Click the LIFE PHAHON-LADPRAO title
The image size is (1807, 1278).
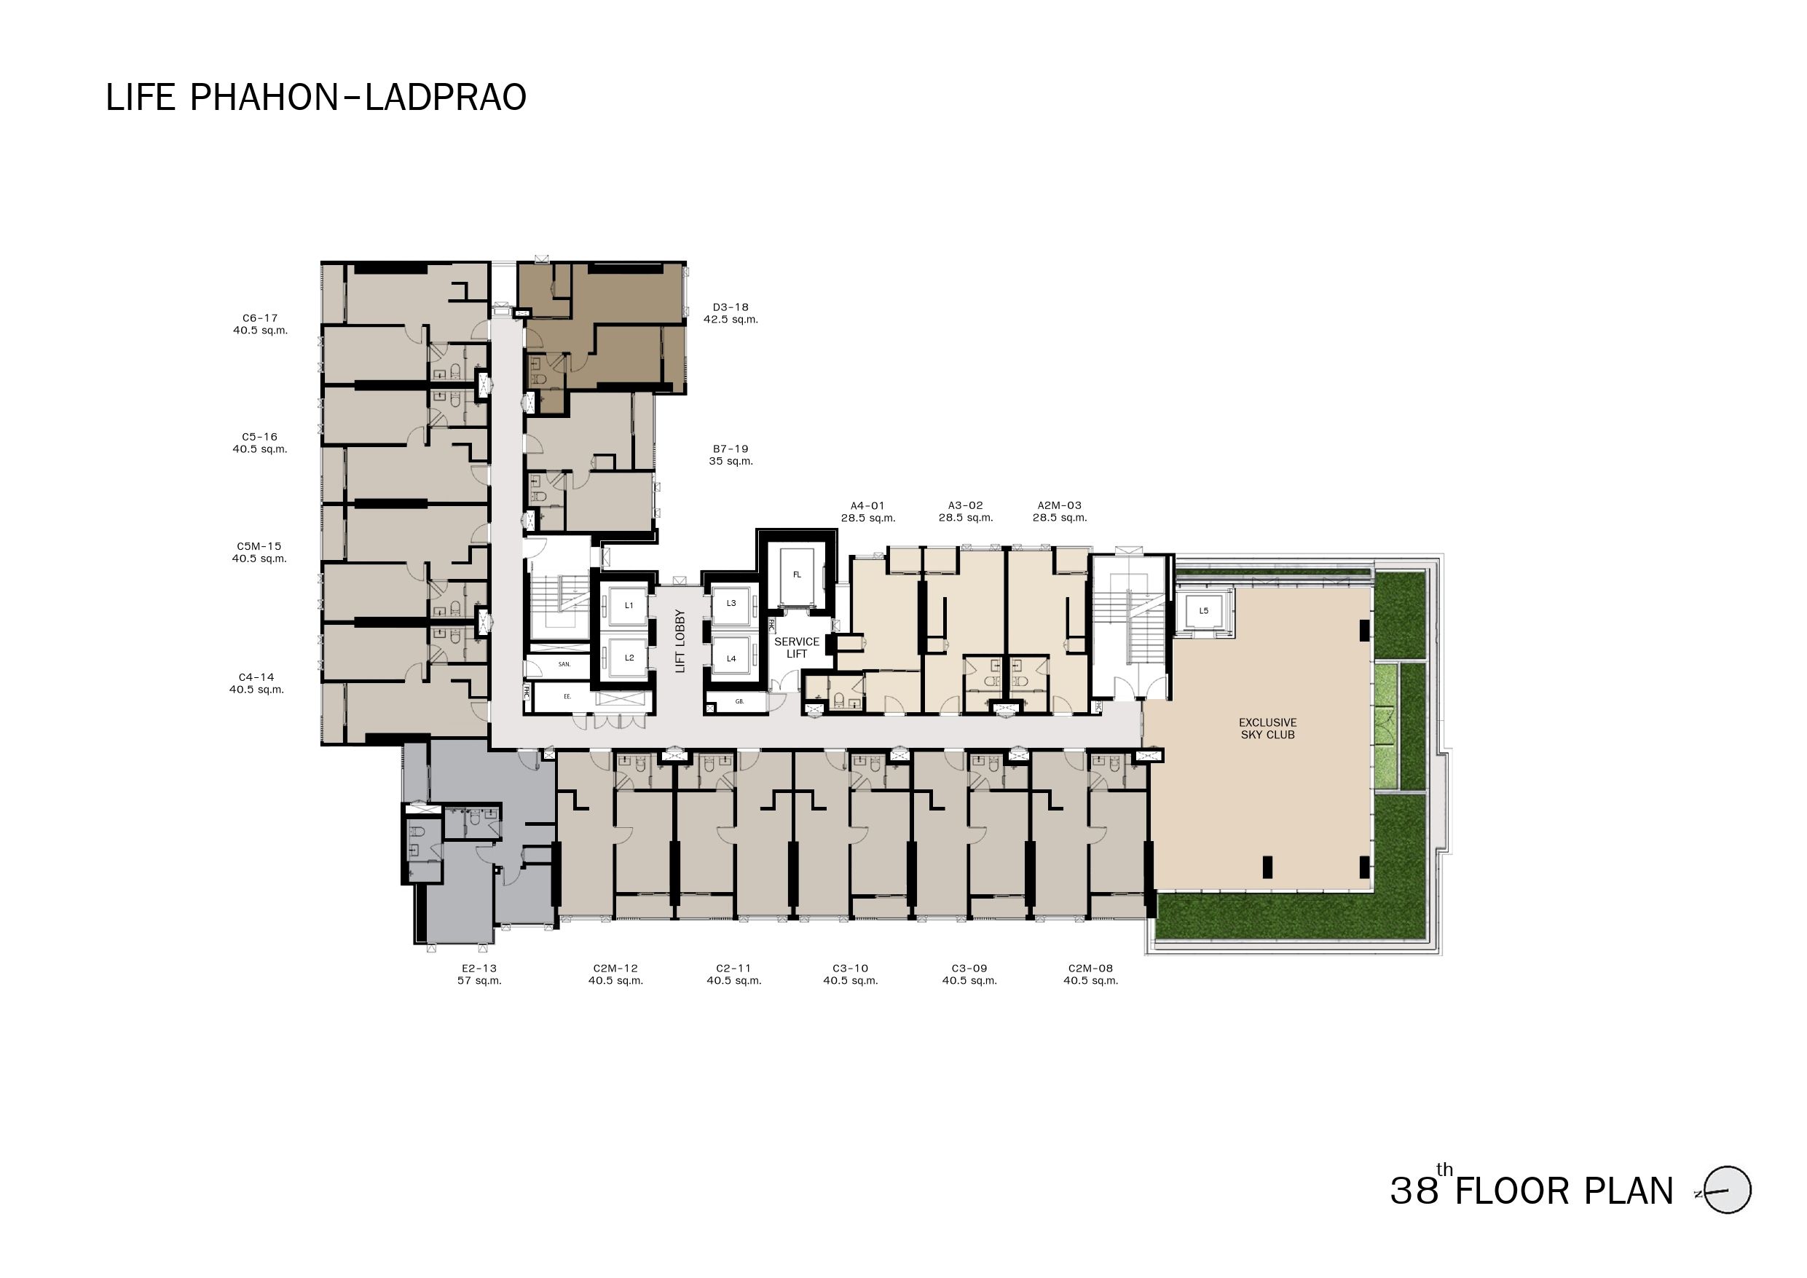315,98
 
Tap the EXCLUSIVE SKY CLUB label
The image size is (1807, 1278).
1267,729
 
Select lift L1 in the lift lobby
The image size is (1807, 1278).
628,606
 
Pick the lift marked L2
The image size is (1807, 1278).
628,658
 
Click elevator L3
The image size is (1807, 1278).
731,604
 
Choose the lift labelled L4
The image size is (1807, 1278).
731,659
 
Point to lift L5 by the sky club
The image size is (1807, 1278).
1203,612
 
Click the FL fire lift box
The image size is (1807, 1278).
797,575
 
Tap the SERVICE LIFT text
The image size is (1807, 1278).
797,647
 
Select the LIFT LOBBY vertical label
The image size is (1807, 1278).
680,642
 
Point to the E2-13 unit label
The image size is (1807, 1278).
479,969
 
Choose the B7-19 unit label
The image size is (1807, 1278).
731,449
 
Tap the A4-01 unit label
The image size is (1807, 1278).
867,506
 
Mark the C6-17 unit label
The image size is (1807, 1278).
260,319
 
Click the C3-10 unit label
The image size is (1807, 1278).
850,969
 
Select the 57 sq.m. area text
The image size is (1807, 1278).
479,982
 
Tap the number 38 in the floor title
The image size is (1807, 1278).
1414,1191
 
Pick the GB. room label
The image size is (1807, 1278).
740,702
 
